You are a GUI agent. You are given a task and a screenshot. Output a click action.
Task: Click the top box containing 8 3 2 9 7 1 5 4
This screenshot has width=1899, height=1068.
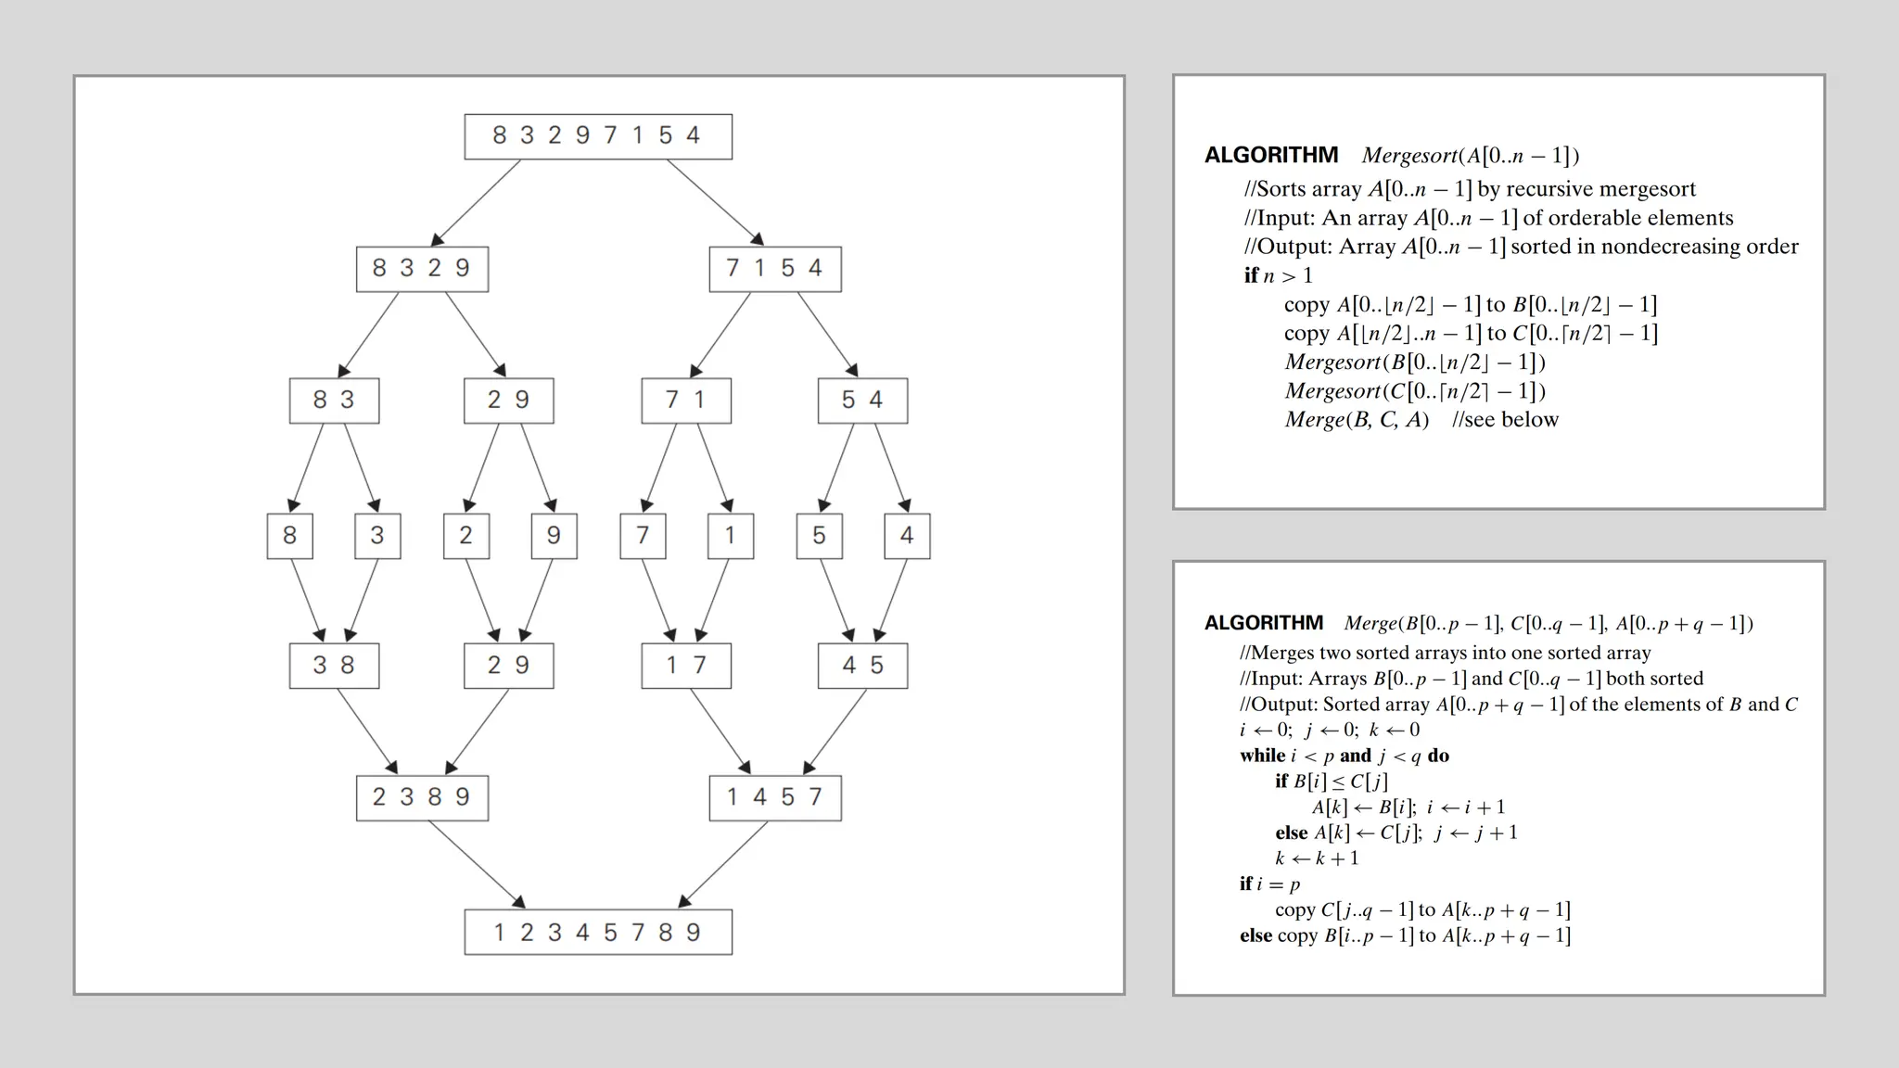[x=598, y=136]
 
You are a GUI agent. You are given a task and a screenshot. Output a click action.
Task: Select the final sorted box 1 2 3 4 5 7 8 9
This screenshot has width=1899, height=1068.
[x=598, y=932]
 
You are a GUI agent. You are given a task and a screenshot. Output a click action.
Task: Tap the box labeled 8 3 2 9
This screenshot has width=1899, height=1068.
[x=422, y=269]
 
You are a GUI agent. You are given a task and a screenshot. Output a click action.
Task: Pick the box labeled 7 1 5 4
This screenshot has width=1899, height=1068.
[x=775, y=269]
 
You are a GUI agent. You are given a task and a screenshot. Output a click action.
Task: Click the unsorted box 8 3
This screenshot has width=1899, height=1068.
[x=334, y=400]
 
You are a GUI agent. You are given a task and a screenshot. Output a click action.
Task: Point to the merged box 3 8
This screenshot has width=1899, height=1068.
[x=334, y=666]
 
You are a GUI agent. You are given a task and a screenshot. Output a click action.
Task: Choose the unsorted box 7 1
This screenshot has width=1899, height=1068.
[x=686, y=400]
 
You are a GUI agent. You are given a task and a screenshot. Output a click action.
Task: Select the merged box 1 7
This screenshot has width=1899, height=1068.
[x=686, y=666]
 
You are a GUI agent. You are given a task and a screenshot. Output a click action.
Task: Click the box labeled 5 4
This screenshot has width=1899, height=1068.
[x=862, y=400]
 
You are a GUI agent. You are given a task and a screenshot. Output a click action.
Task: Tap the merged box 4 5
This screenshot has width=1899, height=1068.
[x=862, y=666]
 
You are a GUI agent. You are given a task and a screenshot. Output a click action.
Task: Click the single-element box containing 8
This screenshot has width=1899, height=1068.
[x=289, y=536]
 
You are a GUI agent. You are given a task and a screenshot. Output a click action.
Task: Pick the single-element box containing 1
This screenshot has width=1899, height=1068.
[x=730, y=536]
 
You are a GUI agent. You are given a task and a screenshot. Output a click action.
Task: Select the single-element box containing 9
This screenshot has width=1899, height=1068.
[x=554, y=536]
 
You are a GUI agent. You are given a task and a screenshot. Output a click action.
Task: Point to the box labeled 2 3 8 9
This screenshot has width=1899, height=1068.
[x=422, y=797]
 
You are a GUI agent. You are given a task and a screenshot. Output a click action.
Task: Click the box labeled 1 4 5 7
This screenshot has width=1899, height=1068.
[x=775, y=797]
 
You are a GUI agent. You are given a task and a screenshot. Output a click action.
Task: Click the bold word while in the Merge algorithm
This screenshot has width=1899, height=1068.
[x=1262, y=756]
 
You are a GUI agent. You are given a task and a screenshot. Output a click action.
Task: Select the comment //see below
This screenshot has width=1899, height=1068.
[x=1505, y=420]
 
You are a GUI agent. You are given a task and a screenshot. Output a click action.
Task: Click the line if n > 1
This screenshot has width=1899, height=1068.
[x=1279, y=275]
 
